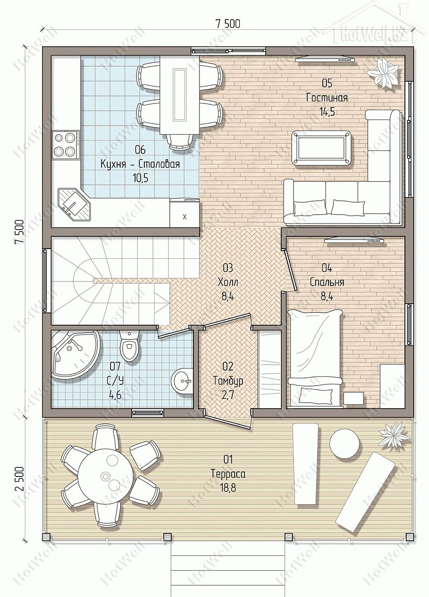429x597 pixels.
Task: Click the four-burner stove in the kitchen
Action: (x=65, y=144)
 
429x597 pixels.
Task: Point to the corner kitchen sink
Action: (x=74, y=204)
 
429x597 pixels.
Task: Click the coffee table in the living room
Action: (x=321, y=149)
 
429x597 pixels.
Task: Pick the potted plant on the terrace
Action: (x=394, y=435)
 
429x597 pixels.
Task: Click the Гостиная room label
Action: (x=327, y=98)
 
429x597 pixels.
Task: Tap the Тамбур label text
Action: (x=228, y=380)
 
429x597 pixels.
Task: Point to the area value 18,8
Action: (x=228, y=488)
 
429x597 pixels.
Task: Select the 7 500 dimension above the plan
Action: (x=228, y=24)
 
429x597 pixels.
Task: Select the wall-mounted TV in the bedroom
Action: (x=354, y=240)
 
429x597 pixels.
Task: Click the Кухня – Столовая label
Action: (x=140, y=165)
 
